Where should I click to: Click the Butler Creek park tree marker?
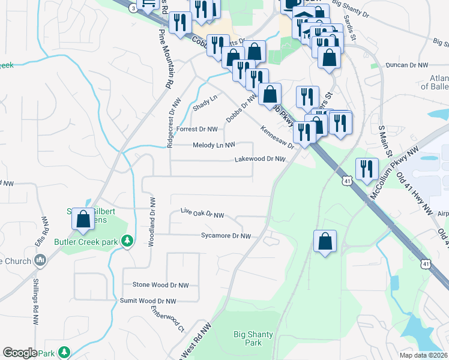(127, 241)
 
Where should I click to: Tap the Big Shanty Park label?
(254, 338)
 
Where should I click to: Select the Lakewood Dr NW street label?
(259, 159)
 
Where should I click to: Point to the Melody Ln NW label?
(214, 145)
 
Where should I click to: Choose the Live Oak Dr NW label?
(202, 214)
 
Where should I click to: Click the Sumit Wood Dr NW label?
(148, 301)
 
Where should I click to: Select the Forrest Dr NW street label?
(197, 128)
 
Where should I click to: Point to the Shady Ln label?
(205, 102)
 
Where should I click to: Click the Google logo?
(20, 353)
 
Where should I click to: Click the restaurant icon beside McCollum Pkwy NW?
(367, 169)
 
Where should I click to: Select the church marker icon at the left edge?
(40, 260)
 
